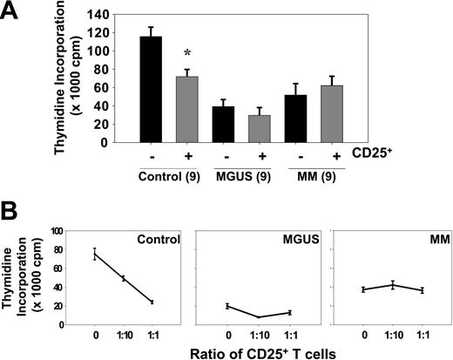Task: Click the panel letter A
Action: [12, 12]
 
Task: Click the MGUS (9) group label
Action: [244, 173]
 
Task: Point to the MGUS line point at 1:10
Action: [259, 317]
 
